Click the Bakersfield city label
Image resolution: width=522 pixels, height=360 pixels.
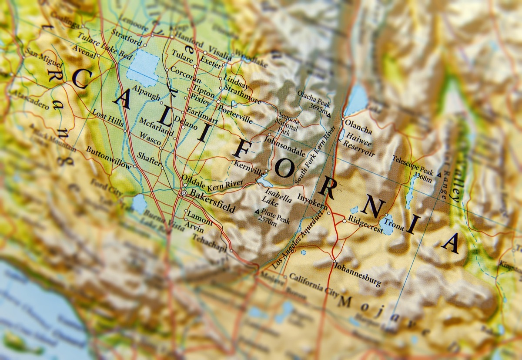click(213, 201)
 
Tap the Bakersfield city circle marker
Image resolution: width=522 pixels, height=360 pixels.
click(184, 192)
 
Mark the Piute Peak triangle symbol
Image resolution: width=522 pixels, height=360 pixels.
click(256, 212)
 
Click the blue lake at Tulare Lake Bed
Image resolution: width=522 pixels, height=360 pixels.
click(142, 67)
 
